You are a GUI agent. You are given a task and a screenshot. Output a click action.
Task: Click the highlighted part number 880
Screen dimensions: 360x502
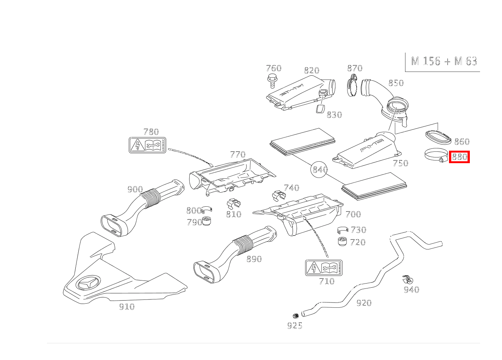click(x=459, y=157)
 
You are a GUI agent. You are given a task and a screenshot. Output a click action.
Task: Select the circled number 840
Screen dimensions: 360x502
click(x=320, y=170)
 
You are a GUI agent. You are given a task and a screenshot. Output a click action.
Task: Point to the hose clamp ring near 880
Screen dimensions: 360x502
click(x=435, y=155)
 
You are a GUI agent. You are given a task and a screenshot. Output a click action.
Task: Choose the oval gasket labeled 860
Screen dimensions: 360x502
click(x=439, y=137)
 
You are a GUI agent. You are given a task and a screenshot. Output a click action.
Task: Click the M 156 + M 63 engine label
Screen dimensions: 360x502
click(x=444, y=61)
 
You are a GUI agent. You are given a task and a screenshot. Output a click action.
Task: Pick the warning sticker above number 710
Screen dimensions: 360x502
click(x=324, y=268)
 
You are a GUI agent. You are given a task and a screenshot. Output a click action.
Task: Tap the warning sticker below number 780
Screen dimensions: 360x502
click(x=148, y=145)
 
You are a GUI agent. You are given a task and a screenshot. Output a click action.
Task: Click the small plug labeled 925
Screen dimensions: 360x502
click(x=295, y=315)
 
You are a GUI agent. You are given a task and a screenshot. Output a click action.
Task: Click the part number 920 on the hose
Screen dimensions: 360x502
click(x=363, y=303)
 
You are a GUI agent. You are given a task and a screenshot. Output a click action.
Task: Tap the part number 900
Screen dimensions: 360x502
click(x=135, y=189)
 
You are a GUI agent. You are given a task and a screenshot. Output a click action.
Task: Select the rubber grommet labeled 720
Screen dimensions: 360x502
click(x=342, y=241)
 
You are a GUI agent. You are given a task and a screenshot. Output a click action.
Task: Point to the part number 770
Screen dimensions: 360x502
click(x=238, y=154)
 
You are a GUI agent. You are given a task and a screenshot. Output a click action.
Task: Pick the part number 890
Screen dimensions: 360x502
click(x=254, y=259)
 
